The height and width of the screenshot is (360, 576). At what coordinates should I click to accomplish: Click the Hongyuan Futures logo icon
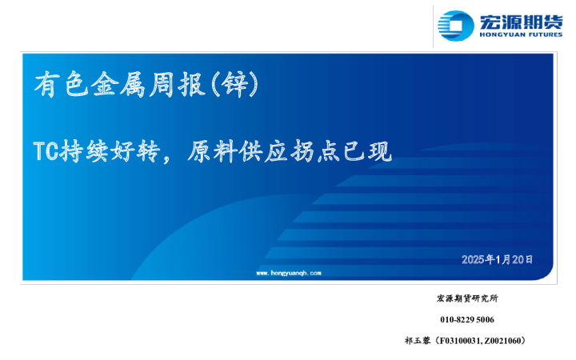pos(457,25)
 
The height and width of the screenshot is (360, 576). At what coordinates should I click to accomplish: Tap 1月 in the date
pos(502,259)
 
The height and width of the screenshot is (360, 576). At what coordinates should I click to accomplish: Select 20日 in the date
pos(522,259)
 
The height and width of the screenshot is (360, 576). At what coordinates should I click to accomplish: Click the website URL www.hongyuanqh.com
pos(288,273)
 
